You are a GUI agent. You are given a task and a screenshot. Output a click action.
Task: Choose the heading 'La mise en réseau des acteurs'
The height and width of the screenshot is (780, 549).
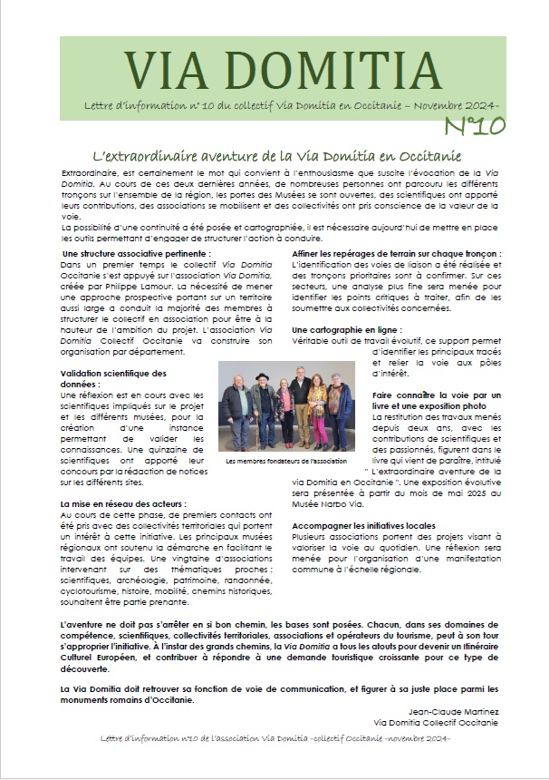(x=122, y=502)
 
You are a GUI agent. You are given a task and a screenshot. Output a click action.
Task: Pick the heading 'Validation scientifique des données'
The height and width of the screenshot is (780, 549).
(x=113, y=378)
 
